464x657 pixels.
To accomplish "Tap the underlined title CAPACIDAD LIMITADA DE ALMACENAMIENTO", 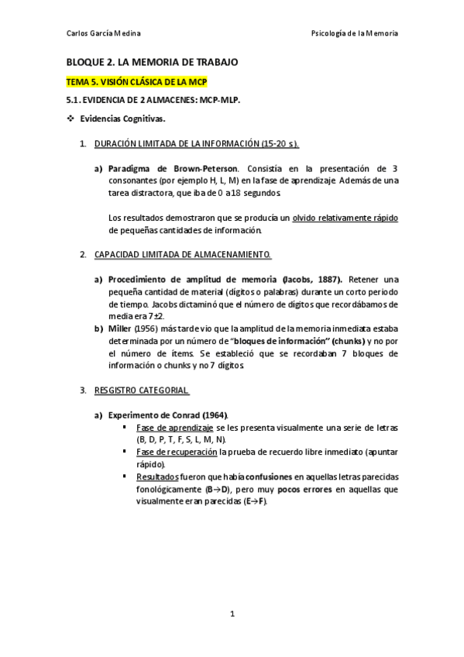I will coord(182,254).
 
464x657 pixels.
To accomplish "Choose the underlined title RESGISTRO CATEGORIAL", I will coord(142,390).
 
